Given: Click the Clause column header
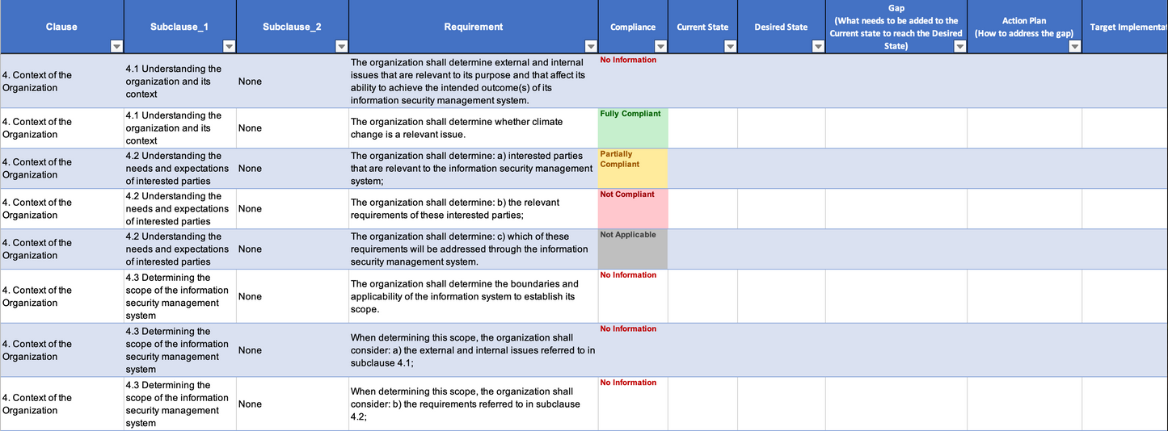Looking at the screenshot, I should pos(61,27).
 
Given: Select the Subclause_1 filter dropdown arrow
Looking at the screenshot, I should pos(229,47).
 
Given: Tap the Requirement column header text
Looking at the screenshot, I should pos(473,27).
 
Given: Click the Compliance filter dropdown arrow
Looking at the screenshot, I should pos(660,47).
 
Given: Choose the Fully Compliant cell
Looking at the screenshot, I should pos(632,128).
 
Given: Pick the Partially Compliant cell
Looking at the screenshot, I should pos(632,168).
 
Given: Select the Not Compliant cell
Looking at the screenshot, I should pos(632,208).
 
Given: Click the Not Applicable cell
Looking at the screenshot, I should pos(632,249).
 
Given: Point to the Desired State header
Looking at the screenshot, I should pos(781,27).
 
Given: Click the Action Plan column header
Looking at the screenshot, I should pos(1024,27).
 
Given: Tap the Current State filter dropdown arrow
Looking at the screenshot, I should pos(730,47).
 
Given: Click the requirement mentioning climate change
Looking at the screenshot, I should pos(457,128).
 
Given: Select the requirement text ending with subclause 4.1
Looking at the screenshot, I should pos(473,350).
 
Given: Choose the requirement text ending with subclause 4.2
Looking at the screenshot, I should pos(465,404).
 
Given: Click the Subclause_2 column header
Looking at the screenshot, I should pos(292,27).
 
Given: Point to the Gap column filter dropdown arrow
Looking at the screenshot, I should pos(959,47).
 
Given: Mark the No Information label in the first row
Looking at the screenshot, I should pos(628,60).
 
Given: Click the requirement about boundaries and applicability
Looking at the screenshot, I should pos(465,296).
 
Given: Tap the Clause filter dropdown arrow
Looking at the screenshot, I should pos(116,47).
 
